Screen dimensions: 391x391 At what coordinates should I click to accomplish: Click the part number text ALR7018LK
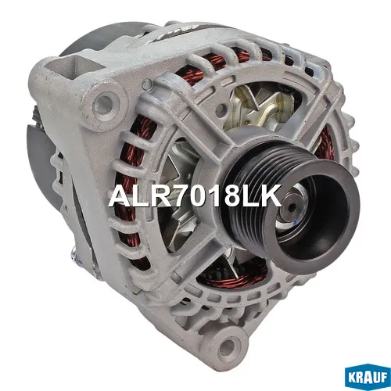coord(195,195)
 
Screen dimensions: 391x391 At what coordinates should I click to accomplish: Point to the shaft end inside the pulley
coord(292,206)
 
